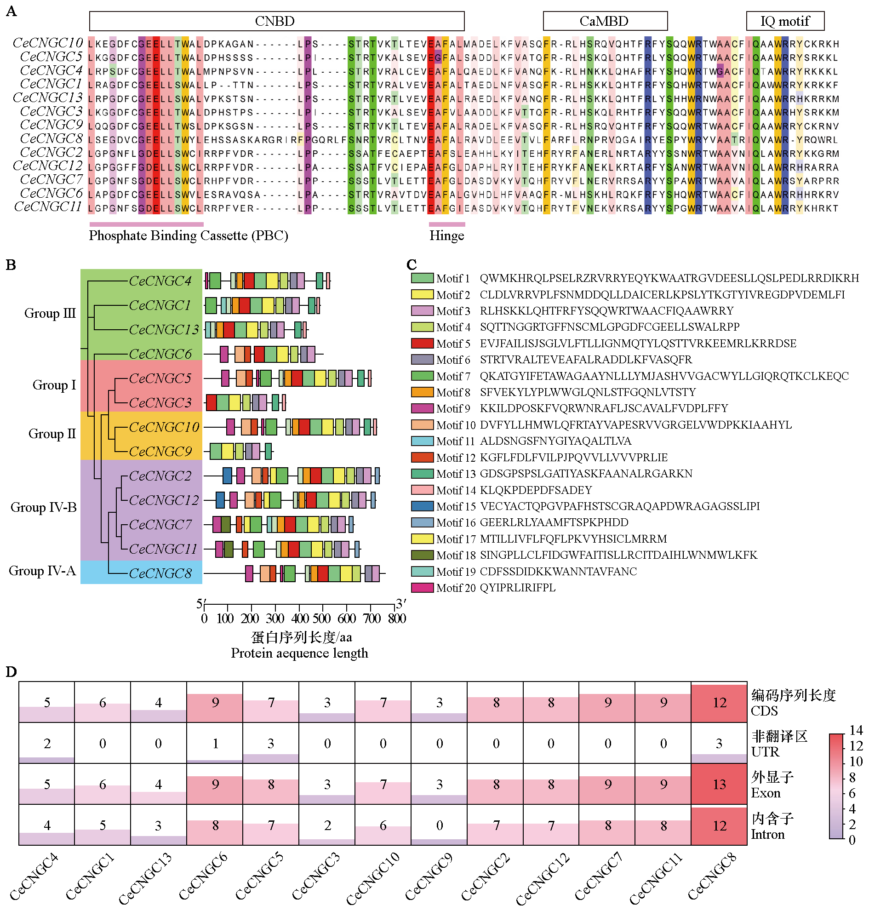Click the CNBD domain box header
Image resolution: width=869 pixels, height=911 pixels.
click(x=276, y=21)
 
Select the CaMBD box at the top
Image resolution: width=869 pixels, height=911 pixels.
click(x=605, y=21)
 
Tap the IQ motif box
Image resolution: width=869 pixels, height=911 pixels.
click(x=785, y=21)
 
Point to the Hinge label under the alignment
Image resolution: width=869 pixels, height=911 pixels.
click(x=446, y=236)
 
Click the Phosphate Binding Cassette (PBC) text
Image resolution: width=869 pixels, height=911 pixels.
click(x=189, y=236)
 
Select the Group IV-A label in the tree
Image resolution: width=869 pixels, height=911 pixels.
click(x=42, y=571)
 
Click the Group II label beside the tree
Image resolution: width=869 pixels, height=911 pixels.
click(x=52, y=434)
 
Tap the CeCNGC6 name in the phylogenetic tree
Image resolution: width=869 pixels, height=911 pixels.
click(x=160, y=355)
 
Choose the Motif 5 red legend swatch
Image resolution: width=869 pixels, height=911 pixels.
click(x=422, y=344)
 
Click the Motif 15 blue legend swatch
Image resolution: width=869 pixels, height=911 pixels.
click(x=422, y=506)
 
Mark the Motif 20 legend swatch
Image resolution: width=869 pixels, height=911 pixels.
click(x=422, y=588)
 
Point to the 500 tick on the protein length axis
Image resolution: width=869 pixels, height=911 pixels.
click(x=322, y=619)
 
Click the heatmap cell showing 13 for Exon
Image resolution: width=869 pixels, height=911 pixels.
click(x=719, y=785)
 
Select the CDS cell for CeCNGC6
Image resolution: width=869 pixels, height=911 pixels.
click(x=215, y=703)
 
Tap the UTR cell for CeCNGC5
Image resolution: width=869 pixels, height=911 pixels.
click(x=270, y=744)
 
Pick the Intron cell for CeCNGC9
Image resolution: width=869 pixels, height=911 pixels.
click(x=439, y=825)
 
